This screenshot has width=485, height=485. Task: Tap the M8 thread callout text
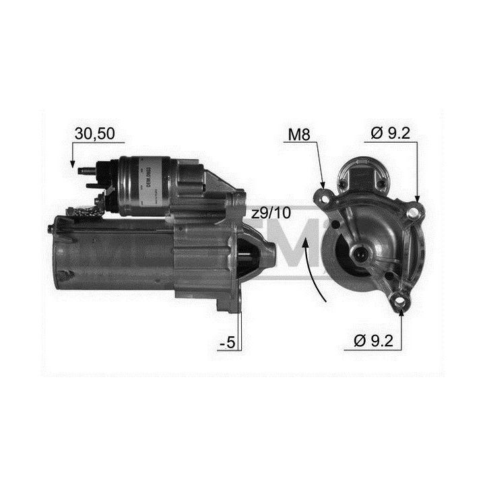(298, 134)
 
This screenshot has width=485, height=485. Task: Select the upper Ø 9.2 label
(390, 134)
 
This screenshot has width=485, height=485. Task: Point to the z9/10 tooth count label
(271, 214)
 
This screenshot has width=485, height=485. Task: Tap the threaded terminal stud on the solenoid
(86, 171)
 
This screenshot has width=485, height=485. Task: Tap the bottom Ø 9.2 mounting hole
(401, 301)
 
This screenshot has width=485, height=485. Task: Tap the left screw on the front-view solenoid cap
(343, 183)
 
